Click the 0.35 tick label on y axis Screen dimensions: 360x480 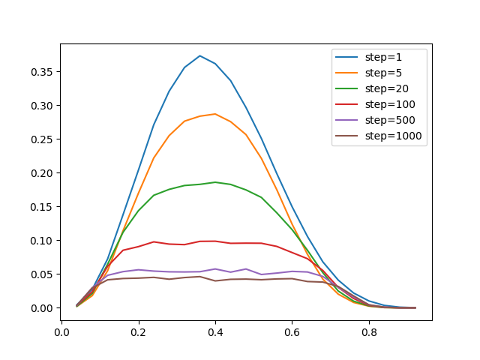tap(42, 72)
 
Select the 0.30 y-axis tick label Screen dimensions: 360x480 tap(42, 106)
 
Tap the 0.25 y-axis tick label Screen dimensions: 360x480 tap(42, 139)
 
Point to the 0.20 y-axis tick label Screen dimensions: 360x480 tap(42, 173)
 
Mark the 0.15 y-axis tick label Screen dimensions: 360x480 tap(42, 207)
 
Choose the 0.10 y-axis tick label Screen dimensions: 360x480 tap(42, 241)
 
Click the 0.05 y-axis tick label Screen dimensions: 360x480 tap(42, 274)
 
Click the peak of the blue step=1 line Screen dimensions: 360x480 tap(199, 55)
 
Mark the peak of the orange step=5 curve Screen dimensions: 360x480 tap(215, 114)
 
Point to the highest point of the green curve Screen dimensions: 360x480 tap(215, 182)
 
